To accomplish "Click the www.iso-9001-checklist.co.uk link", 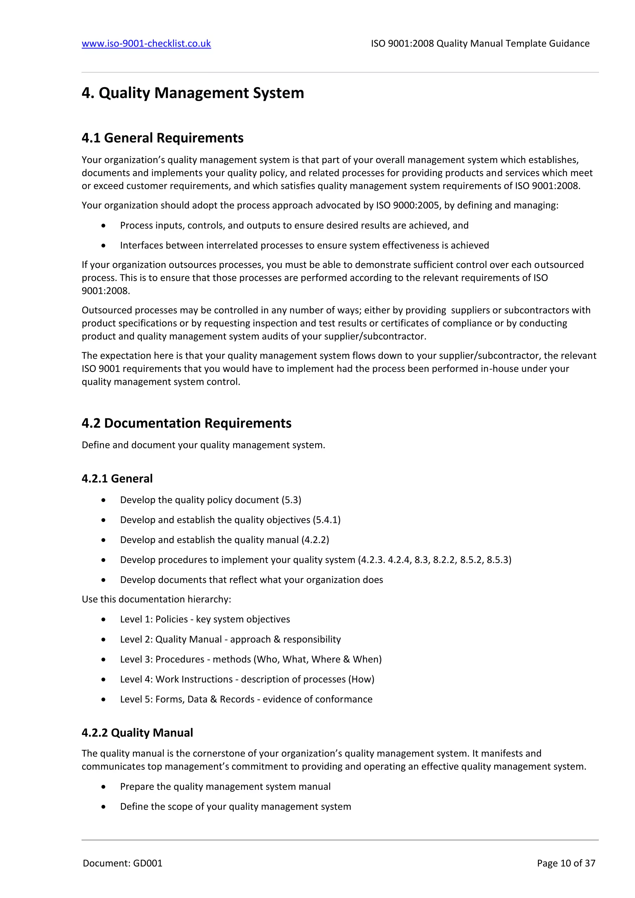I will click(146, 43).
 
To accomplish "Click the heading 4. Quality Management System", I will click(193, 93).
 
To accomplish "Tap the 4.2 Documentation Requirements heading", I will click(187, 423).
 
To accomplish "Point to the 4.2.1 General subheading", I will click(117, 479).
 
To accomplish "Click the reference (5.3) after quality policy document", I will click(291, 500).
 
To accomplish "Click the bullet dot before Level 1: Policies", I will click(103, 620).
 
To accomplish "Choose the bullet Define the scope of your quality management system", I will click(235, 807).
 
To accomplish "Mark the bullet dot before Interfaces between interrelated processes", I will click(103, 246).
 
